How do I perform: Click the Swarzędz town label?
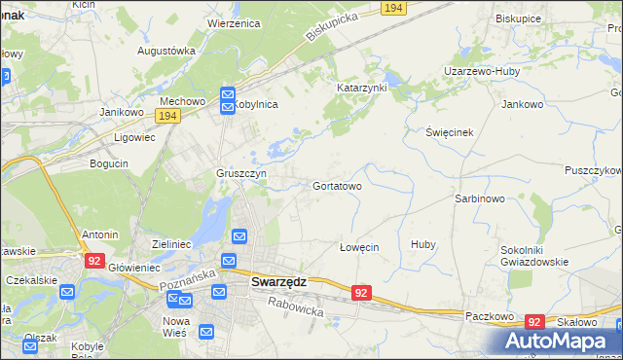pyautogui.click(x=279, y=282)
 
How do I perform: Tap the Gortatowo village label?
pyautogui.click(x=338, y=185)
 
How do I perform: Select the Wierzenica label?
pyautogui.click(x=237, y=22)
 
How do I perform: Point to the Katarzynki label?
pyautogui.click(x=361, y=87)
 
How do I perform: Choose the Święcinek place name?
pyautogui.click(x=449, y=131)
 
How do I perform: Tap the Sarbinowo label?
pyautogui.click(x=478, y=198)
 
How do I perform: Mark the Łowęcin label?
pyautogui.click(x=358, y=247)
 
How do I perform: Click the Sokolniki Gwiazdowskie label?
pyautogui.click(x=527, y=255)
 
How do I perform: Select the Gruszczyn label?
pyautogui.click(x=241, y=173)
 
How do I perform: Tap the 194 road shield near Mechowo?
pyautogui.click(x=167, y=116)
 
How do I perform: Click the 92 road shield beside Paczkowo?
pyautogui.click(x=533, y=321)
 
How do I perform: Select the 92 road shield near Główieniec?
pyautogui.click(x=94, y=261)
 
